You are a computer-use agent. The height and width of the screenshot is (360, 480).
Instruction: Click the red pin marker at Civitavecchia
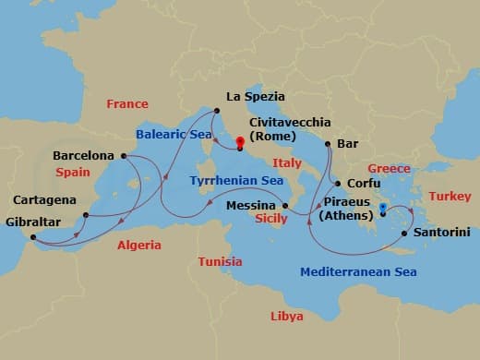[240, 142]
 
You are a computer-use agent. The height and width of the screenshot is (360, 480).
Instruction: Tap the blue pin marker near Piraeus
[382, 208]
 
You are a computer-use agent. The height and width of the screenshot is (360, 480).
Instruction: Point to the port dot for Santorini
[404, 233]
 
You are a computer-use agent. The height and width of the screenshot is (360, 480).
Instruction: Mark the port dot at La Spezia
[216, 111]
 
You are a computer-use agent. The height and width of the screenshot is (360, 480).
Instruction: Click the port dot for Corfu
[336, 184]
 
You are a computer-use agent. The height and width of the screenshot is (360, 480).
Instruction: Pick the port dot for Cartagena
[85, 215]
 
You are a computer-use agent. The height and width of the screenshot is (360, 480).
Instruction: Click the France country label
[127, 104]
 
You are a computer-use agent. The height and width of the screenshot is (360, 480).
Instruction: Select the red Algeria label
[138, 246]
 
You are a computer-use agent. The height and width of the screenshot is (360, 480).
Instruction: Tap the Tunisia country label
[220, 262]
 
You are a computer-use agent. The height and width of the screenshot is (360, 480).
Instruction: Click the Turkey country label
[450, 197]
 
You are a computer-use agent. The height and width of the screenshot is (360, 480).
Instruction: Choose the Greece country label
[389, 169]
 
